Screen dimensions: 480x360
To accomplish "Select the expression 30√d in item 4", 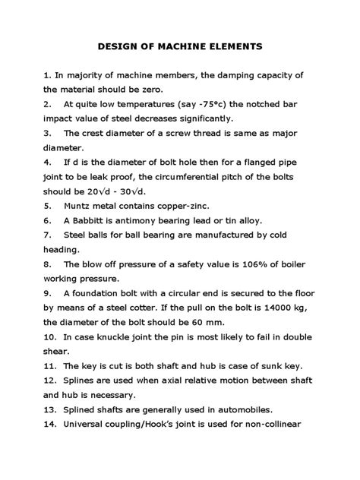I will [147, 191].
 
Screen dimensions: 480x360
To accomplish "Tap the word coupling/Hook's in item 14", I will [150, 425].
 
